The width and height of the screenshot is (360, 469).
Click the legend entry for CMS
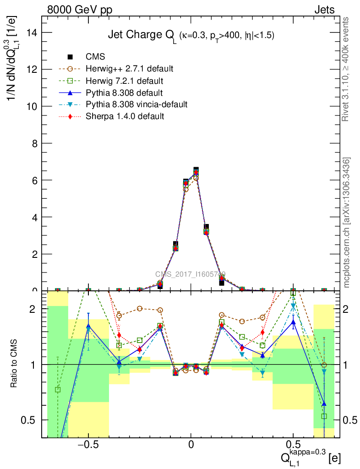tap(96, 57)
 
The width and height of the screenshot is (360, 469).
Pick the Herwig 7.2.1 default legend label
tap(124, 81)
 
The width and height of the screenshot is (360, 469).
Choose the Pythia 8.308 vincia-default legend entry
tap(136, 104)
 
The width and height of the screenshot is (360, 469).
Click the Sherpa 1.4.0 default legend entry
tap(125, 116)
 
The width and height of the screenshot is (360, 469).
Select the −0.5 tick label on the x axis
tap(87, 445)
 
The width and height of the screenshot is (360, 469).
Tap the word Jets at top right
tap(324, 10)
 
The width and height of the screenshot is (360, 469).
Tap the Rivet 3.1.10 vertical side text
tap(346, 69)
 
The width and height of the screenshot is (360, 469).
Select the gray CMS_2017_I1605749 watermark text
tap(190, 274)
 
